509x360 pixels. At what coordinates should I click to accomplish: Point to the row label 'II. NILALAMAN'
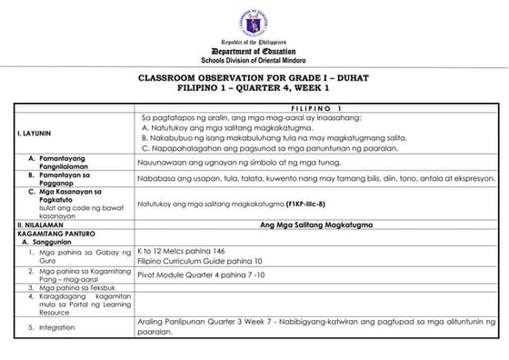pos(40,224)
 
